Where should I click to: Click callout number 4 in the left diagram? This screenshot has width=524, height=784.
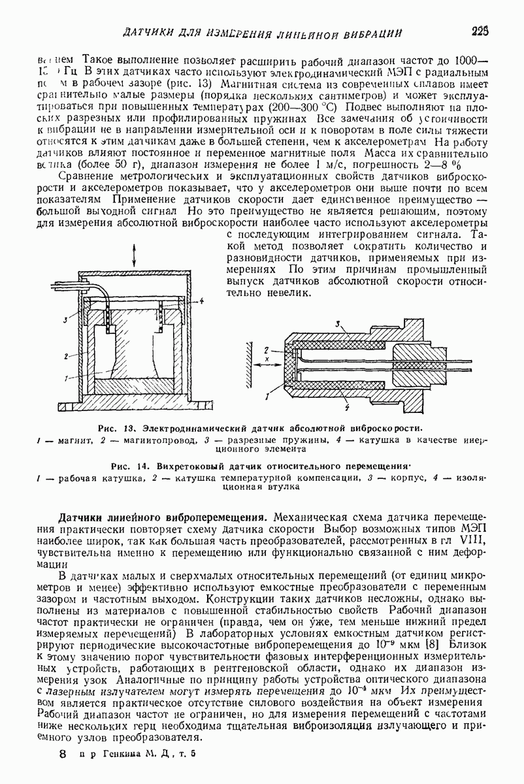pyautogui.click(x=203, y=301)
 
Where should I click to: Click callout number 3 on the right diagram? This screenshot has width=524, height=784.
pyautogui.click(x=336, y=324)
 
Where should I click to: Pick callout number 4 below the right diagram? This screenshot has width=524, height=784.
pyautogui.click(x=346, y=408)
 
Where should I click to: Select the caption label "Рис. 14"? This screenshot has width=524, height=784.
pyautogui.click(x=125, y=467)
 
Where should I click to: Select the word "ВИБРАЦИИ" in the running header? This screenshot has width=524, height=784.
pyautogui.click(x=370, y=32)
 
